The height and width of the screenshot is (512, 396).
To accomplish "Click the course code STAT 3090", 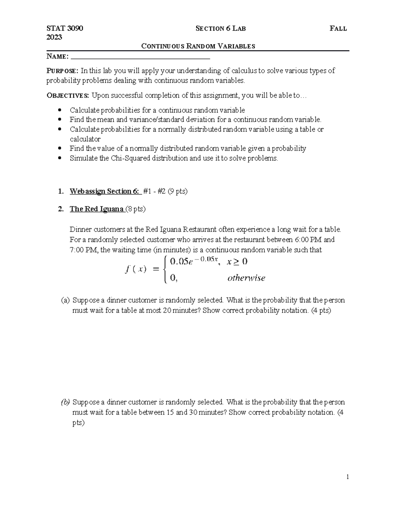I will (x=65, y=28).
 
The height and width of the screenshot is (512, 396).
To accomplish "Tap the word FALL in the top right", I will (x=338, y=29).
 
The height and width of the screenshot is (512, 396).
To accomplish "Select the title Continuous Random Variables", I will (x=198, y=46).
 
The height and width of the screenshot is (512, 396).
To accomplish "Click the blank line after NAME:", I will (x=140, y=57).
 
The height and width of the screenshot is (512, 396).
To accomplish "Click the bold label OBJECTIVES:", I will (x=68, y=96).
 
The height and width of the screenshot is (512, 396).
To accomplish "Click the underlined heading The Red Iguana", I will (x=97, y=209).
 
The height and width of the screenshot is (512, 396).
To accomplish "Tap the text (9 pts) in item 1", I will (x=178, y=192).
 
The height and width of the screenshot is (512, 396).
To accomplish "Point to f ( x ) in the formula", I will (x=136, y=269).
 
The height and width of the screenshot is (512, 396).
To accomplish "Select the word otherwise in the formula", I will (x=246, y=278).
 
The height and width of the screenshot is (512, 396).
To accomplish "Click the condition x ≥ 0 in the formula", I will (x=237, y=262).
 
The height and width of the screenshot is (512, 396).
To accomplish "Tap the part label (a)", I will (x=65, y=300).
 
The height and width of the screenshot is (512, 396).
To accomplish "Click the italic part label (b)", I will (x=65, y=402).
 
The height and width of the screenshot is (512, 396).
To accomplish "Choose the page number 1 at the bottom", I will (x=347, y=477).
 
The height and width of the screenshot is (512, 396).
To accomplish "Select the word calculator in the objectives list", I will (x=85, y=139).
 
